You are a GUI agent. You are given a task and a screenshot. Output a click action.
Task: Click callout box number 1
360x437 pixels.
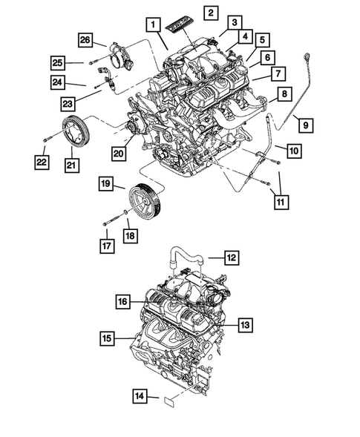153,25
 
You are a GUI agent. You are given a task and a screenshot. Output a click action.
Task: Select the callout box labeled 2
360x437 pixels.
212,13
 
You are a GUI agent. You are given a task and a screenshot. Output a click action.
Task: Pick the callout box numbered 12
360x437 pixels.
231,259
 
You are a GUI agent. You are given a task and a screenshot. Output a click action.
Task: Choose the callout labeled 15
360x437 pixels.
109,338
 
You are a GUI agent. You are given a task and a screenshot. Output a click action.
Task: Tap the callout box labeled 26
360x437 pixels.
85,39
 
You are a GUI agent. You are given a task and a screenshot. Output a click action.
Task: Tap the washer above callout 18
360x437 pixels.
126,214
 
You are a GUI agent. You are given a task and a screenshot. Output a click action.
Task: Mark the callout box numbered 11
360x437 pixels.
281,200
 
